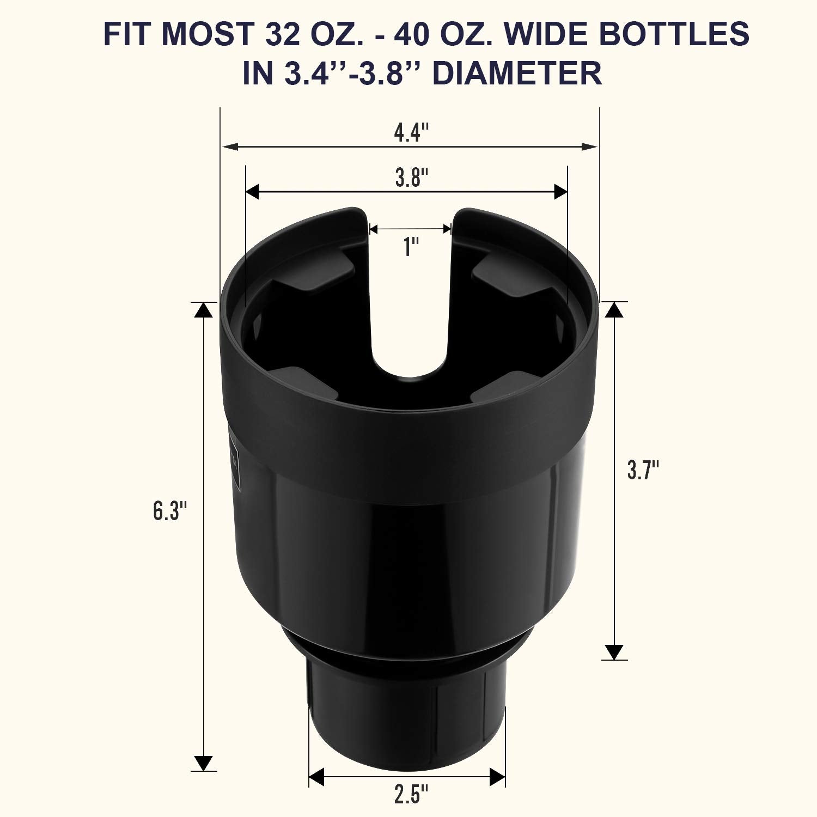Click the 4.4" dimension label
pos(411,132)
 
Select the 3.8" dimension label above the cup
pos(411,178)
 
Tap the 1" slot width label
pos(411,247)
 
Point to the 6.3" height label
pos(170,511)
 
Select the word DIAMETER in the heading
pos(517,73)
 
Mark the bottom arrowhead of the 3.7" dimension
pos(614,652)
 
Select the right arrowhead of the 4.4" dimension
pos(589,147)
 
